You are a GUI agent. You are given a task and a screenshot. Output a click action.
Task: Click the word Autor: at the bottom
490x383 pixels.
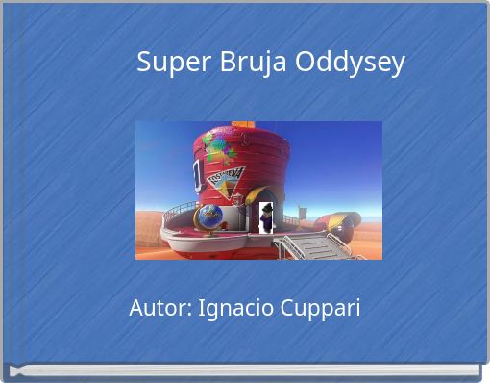(x=159, y=309)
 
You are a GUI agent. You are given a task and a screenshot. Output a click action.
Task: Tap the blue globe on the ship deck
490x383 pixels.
(x=209, y=216)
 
